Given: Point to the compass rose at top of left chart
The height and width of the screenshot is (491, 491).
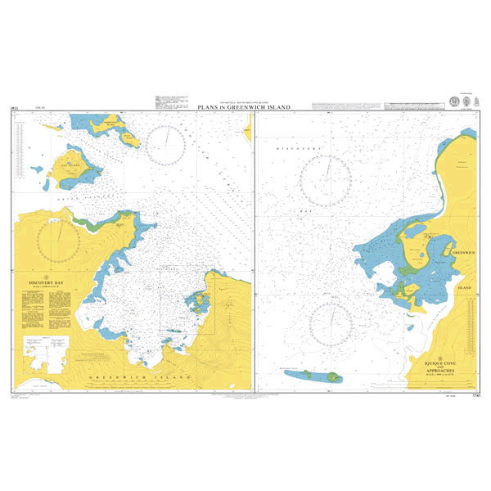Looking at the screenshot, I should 170,145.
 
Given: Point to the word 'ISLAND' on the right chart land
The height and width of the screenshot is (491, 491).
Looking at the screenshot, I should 465,288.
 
